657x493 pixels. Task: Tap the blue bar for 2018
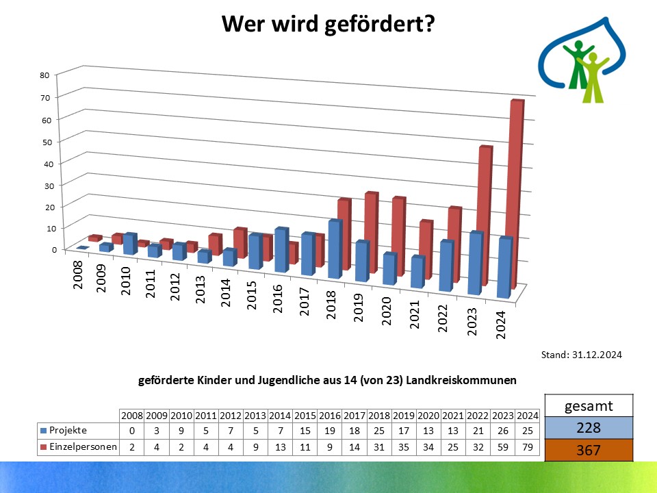334,249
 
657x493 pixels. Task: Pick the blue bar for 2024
504,268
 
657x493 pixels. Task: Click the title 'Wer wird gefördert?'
328,25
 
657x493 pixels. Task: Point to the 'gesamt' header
589,406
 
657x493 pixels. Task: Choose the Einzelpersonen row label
78,446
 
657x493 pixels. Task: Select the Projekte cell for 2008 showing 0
131,430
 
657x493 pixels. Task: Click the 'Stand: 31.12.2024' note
581,355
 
